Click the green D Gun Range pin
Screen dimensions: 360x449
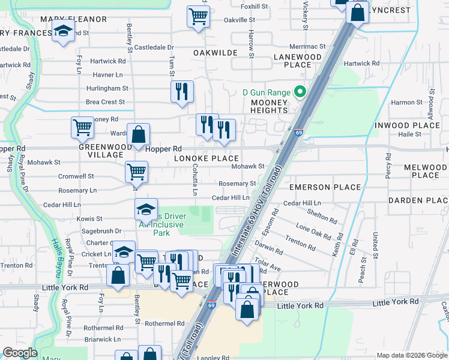301,92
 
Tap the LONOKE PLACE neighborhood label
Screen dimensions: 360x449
206,158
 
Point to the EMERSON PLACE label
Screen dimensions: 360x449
325,187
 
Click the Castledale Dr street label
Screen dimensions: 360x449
154,47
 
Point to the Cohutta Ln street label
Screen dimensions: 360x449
194,181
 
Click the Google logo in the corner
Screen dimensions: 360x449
20,353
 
